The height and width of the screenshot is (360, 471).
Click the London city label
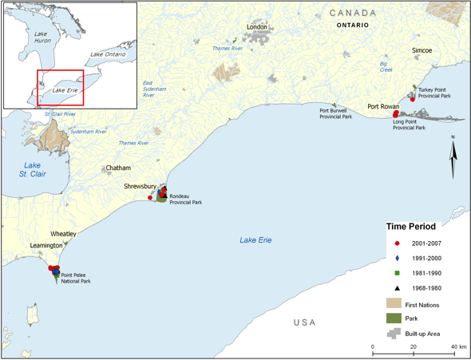(257, 27)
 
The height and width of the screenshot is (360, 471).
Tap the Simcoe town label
(422, 50)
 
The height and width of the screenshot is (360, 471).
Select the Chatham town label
(118, 168)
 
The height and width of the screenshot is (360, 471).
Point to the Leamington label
(46, 246)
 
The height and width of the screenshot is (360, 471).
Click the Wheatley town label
(64, 234)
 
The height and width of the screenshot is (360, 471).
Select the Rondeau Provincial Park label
(185, 200)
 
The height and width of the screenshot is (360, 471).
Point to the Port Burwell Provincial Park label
(336, 113)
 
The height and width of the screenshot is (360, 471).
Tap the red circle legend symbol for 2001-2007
(397, 243)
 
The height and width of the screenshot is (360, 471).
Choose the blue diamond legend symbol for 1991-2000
(397, 258)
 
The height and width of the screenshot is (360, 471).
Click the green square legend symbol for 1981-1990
(397, 273)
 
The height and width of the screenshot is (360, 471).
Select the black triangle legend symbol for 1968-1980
(397, 288)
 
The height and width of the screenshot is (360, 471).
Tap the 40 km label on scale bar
(457, 346)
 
